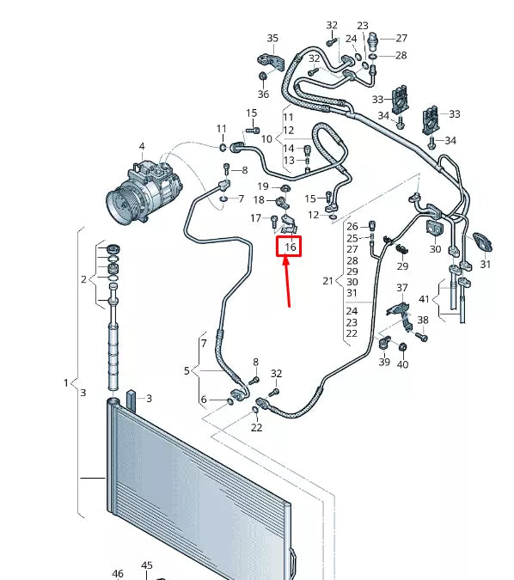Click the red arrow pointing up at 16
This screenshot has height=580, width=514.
coord(288,284)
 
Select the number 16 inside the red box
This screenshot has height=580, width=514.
coord(291,247)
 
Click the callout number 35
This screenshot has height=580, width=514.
coord(272,38)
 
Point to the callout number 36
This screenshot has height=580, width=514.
coord(262,94)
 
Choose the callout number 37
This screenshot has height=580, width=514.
coord(402,287)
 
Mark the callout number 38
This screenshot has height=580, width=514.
coord(423,321)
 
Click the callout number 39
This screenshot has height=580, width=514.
coord(384,363)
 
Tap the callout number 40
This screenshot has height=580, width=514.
coord(402,364)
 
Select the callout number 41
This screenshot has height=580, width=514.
coord(423,298)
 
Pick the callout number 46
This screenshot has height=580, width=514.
coord(118,573)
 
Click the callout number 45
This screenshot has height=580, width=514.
coord(147,565)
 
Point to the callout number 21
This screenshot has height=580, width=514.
coord(327,280)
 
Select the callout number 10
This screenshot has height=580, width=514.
coord(266,138)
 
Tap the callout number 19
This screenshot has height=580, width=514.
coord(263,186)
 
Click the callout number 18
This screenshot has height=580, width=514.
coord(259,200)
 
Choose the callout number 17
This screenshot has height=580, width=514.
coord(255,218)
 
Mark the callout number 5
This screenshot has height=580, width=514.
coord(186,371)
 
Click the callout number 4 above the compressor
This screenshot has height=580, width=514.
coord(142,146)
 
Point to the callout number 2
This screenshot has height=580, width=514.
coord(83,279)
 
